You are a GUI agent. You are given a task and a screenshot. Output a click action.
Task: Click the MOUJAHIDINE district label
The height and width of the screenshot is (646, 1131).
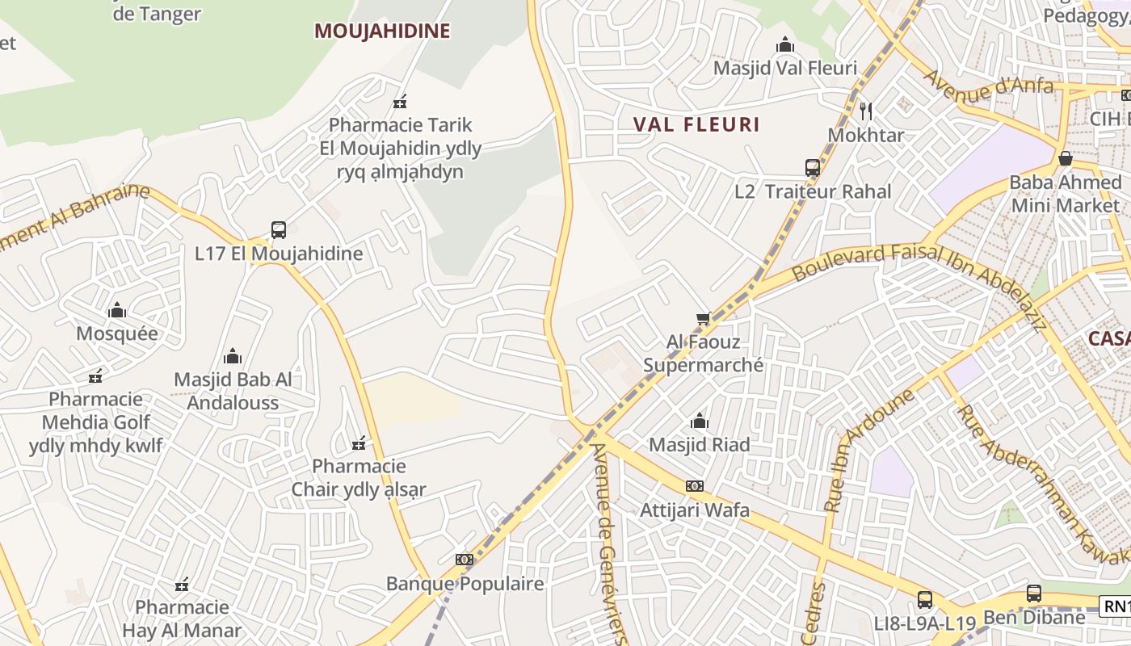[x=382, y=31]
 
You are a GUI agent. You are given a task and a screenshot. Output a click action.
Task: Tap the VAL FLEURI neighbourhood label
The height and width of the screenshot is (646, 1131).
[x=696, y=124]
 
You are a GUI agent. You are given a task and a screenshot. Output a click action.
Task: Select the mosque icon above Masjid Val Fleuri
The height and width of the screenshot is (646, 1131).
[x=785, y=45]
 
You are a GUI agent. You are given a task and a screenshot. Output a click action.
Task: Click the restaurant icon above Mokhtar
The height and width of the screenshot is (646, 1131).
[x=866, y=111]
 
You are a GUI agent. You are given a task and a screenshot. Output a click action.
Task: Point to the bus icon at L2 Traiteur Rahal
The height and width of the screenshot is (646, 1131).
[x=813, y=168]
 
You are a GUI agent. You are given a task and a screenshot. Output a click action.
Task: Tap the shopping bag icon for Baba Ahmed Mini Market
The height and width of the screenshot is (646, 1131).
[x=1066, y=158]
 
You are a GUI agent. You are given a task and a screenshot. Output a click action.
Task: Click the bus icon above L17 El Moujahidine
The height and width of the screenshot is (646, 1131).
[x=279, y=230]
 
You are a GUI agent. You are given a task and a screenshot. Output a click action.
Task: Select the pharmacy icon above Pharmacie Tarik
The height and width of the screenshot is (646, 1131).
[x=400, y=102]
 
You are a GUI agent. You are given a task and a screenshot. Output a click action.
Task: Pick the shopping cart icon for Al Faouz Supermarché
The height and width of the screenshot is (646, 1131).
[x=703, y=319]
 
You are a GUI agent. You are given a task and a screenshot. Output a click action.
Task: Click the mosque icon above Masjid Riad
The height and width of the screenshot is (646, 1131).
[x=700, y=421]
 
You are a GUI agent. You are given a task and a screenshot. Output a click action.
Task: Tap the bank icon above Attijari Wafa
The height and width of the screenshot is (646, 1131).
[x=694, y=486]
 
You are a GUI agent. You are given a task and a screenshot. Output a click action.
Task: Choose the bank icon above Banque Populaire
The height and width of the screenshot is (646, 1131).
[x=464, y=559]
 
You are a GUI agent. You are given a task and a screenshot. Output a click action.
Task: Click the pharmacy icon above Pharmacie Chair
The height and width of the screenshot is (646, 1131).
[x=359, y=443]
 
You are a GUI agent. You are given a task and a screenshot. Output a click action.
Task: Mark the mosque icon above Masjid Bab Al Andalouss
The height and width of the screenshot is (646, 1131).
[x=233, y=355]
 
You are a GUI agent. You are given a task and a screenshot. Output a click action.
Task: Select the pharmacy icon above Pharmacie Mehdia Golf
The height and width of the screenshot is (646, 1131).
[x=96, y=375]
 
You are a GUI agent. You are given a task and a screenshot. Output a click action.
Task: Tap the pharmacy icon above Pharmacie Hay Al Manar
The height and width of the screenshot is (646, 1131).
[x=182, y=584]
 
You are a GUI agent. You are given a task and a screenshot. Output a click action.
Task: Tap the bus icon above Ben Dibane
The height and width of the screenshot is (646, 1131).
[x=1033, y=594]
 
